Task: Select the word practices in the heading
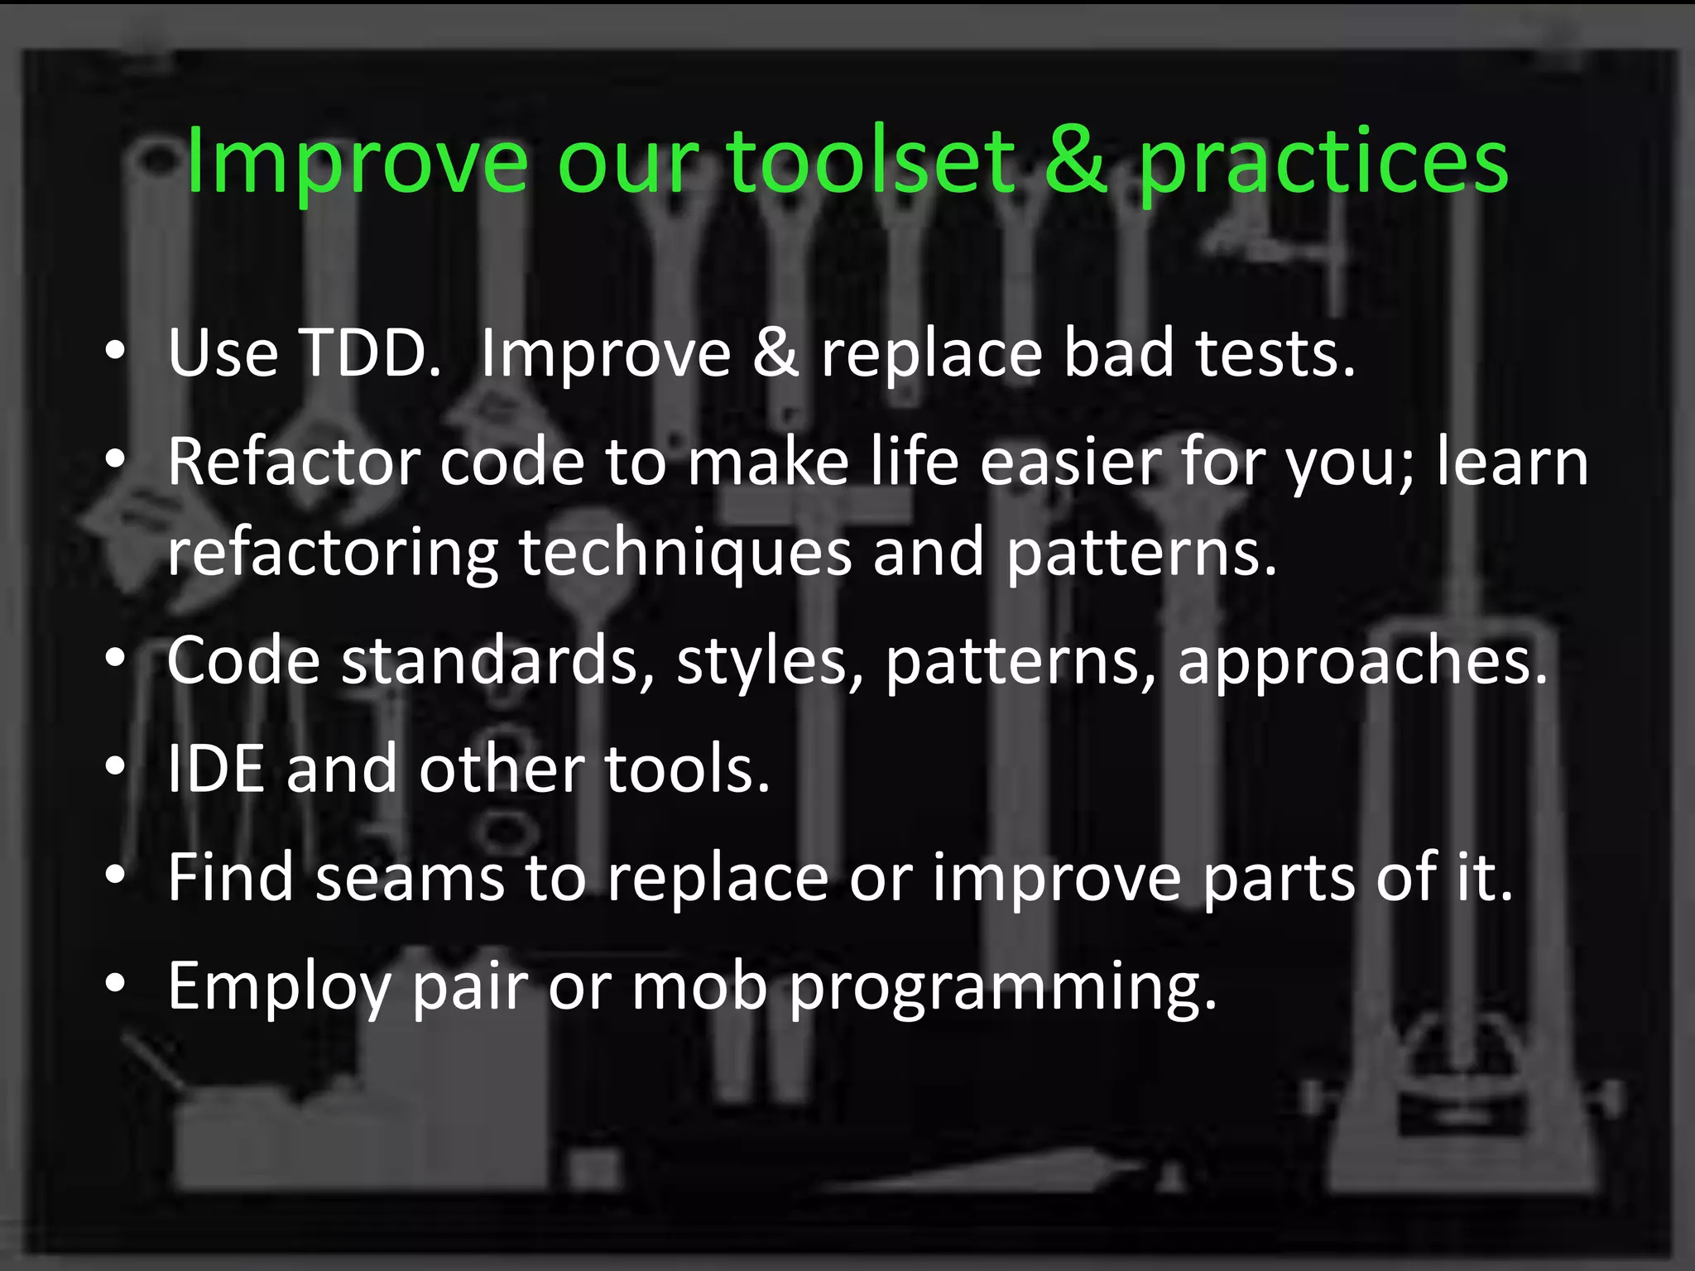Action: pos(1323,164)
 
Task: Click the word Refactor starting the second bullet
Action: pos(293,463)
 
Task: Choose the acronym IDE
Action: pos(216,770)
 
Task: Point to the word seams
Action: pos(410,878)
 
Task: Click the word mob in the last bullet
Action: pos(699,986)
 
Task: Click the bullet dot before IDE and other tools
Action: pos(116,767)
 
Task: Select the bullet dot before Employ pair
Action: pos(116,983)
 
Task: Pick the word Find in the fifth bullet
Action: pos(231,878)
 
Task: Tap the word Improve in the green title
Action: pos(357,162)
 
